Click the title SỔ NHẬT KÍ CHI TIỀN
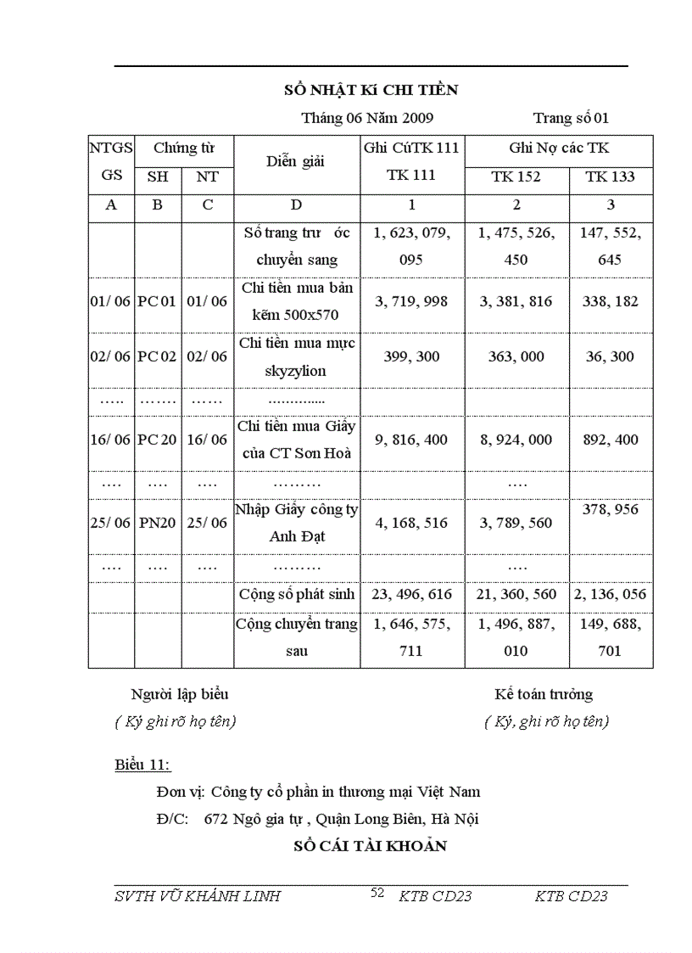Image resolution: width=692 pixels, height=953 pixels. point(371,90)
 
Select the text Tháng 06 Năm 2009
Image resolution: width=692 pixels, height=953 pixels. point(367,118)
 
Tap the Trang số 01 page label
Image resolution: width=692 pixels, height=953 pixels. point(571,118)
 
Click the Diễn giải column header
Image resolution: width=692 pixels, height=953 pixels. point(295,161)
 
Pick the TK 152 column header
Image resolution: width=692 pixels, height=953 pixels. point(516,177)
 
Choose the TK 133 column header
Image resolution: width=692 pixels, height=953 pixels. point(610,177)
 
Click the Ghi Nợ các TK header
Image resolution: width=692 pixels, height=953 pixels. point(558,148)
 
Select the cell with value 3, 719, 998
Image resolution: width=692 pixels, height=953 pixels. point(411,301)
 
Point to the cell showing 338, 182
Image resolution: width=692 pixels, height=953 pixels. point(610,301)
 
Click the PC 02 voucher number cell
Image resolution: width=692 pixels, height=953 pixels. point(157,356)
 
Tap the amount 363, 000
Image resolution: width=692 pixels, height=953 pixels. point(516,356)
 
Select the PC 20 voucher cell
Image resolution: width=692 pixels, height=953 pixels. point(157,440)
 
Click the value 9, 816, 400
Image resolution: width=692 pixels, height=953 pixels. point(411,440)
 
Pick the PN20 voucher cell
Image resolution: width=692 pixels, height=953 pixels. point(157,523)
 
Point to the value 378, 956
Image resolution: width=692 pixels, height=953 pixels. point(610,509)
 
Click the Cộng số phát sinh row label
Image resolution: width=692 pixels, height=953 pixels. point(296,594)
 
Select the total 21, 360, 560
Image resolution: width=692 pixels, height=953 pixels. point(516,594)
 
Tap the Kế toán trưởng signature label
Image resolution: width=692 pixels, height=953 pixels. point(544,694)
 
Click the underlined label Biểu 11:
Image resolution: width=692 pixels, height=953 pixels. point(142,765)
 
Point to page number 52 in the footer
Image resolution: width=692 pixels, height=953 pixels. point(377,893)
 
